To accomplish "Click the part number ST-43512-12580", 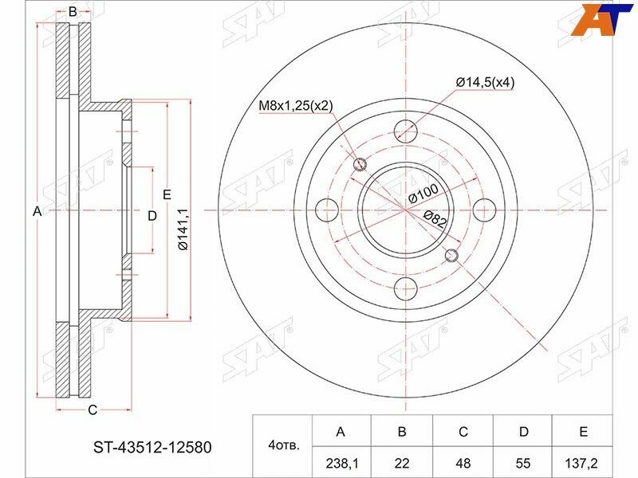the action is tap(152, 448).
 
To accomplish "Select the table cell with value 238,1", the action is tap(341, 462).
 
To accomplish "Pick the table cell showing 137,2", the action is tap(583, 462).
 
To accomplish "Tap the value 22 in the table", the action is tap(402, 462).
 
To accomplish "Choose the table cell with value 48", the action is tap(463, 462).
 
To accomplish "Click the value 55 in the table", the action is tap(523, 462).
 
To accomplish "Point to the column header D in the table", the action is tap(523, 431).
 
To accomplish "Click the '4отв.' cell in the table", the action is tap(282, 446).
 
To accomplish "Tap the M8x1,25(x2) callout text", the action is tap(296, 106).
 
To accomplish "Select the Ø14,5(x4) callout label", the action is tap(485, 83).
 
